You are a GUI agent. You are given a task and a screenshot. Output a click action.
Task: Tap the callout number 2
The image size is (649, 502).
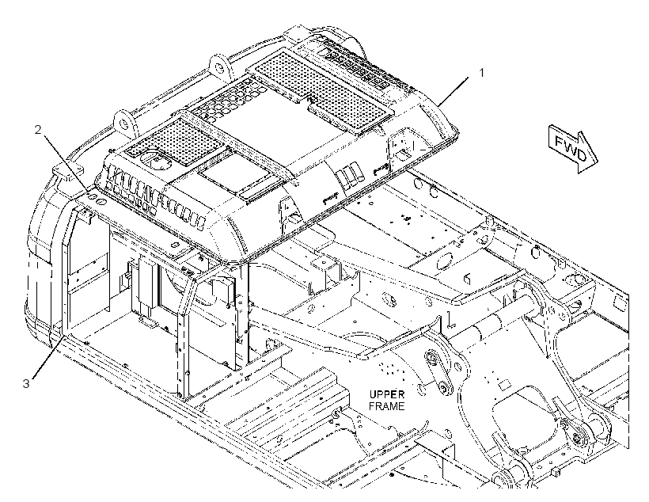pos(38,130)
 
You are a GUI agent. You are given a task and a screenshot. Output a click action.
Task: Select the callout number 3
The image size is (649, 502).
pos(26,383)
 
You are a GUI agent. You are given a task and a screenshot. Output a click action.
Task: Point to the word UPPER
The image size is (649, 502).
pos(387,394)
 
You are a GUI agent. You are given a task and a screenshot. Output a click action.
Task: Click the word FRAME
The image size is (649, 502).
pos(386,406)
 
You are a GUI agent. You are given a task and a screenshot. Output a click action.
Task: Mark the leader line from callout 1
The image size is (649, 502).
pos(454,91)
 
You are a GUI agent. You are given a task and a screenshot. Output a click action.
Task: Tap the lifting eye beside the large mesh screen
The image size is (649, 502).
pos(220,66)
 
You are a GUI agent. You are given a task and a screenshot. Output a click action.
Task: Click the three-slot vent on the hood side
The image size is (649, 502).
pos(347,175)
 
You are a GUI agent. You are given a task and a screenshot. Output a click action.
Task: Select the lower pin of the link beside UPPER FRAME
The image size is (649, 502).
pos(445,388)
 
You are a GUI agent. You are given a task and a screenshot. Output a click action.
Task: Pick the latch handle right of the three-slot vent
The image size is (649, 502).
pos(381,168)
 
